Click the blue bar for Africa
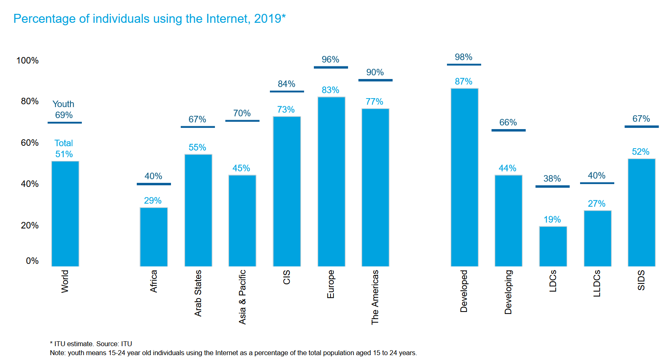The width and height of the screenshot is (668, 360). [153, 237]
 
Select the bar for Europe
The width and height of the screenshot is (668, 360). [331, 182]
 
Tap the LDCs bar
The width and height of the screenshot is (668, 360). [553, 246]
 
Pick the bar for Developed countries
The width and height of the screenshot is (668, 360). [464, 177]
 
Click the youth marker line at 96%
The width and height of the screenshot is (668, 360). [331, 67]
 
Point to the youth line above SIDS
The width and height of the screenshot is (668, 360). [642, 127]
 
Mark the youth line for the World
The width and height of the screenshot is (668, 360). [65, 123]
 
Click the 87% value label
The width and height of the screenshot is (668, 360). [464, 81]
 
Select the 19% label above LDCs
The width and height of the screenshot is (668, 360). [552, 220]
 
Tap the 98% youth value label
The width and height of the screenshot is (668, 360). [464, 57]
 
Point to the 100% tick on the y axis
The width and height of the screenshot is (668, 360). [27, 61]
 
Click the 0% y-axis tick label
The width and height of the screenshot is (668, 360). [32, 261]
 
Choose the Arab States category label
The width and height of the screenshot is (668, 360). [198, 293]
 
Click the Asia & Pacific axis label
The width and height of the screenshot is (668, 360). [242, 297]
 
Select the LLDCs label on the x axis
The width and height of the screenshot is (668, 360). [597, 283]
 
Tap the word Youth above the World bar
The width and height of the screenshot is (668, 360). [64, 104]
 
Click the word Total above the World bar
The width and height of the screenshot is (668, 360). [64, 143]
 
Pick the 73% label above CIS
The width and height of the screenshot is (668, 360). [286, 110]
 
